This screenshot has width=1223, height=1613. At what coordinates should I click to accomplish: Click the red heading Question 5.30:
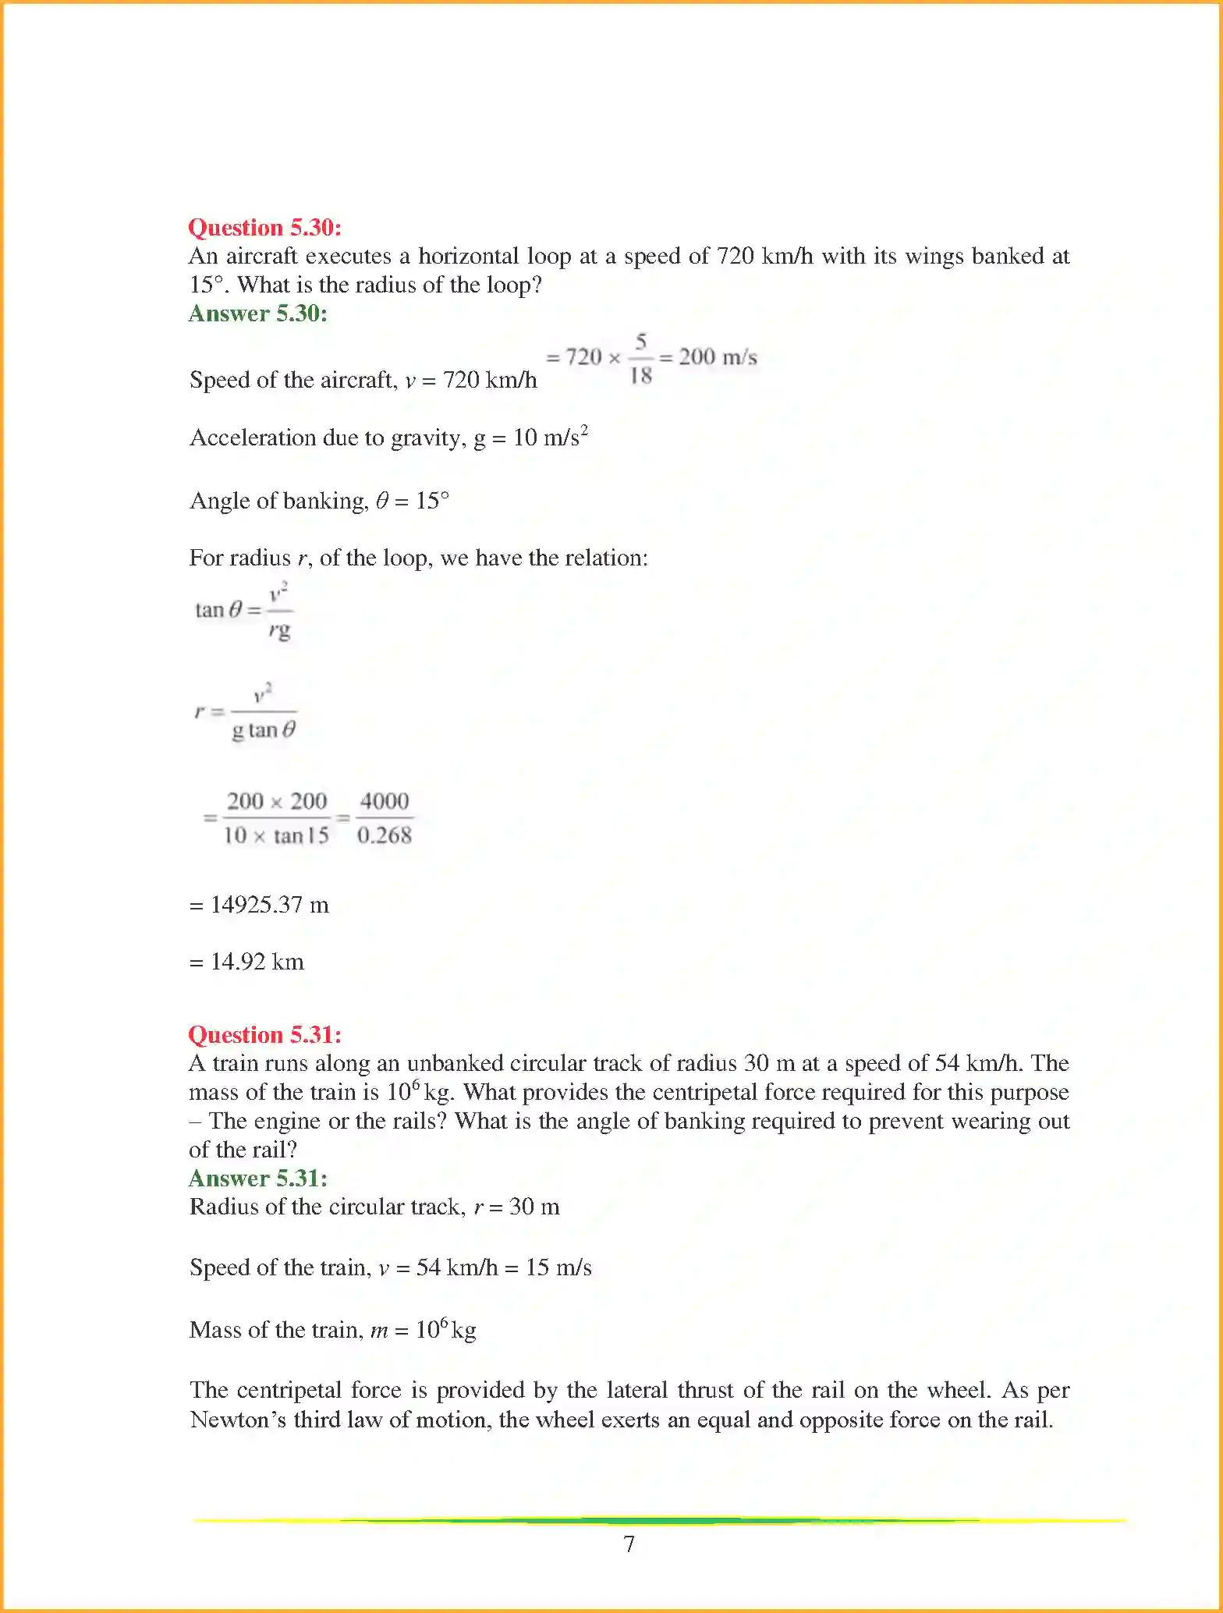(264, 227)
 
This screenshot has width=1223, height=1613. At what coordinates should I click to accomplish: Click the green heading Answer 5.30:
(257, 313)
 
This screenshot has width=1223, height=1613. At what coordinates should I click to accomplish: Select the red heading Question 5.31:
(264, 1034)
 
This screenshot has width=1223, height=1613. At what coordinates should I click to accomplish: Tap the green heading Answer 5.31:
(257, 1178)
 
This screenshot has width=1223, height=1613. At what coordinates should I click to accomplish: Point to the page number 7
(629, 1544)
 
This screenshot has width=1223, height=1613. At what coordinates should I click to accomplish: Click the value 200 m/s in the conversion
(717, 357)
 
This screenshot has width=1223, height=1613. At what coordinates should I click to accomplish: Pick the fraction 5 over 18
(640, 359)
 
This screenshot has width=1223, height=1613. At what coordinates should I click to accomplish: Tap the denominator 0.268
(384, 835)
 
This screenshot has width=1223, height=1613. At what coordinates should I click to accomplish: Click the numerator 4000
(384, 801)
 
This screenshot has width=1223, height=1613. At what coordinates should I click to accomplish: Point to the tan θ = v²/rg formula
(243, 610)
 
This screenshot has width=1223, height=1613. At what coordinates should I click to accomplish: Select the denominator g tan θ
(264, 730)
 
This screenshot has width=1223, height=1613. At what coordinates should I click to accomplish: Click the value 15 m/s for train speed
(558, 1267)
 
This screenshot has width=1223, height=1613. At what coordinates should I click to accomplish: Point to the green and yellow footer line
(659, 1520)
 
